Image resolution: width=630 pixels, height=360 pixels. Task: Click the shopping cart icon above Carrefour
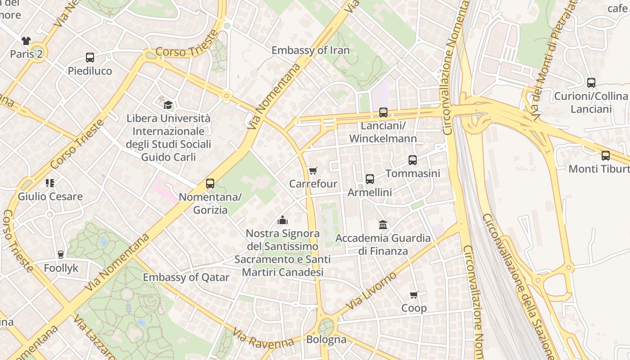(x=313, y=171)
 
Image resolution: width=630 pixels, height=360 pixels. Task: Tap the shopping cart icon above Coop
(x=414, y=295)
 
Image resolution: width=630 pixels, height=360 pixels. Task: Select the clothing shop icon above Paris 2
(x=26, y=41)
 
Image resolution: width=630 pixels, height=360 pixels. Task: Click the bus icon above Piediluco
(x=90, y=58)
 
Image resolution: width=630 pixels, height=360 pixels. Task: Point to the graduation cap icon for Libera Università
(x=168, y=105)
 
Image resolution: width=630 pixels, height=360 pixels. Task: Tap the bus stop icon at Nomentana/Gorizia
(x=210, y=184)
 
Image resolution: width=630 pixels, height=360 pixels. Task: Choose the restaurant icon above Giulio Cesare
(x=50, y=183)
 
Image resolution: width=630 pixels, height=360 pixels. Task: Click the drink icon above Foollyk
(x=61, y=255)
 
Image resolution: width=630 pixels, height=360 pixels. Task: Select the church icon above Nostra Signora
(x=283, y=220)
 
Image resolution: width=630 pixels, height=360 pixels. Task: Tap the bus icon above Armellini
(x=370, y=179)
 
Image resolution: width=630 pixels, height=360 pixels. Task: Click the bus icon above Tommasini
(x=413, y=160)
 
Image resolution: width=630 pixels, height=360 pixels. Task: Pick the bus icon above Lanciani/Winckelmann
(x=383, y=112)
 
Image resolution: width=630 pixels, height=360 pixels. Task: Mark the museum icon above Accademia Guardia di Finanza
(x=383, y=225)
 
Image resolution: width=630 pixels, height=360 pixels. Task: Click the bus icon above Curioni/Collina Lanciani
(x=591, y=83)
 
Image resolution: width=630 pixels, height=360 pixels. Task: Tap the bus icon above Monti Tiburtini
(x=606, y=156)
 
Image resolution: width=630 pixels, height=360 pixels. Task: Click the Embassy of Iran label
(x=310, y=50)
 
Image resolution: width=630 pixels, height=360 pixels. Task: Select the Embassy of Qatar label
(x=186, y=277)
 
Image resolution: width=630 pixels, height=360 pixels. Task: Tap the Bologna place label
(x=326, y=339)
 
